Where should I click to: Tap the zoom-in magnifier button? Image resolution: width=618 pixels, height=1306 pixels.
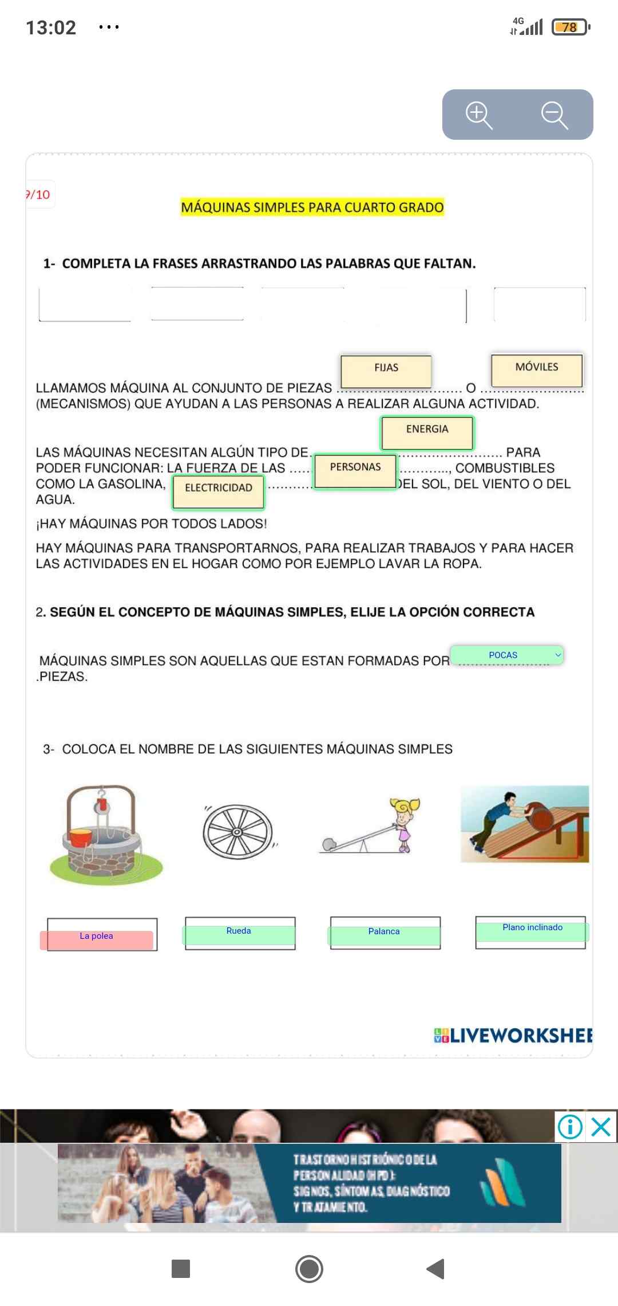click(479, 115)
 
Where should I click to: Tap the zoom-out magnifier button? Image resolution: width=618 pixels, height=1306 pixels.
click(554, 115)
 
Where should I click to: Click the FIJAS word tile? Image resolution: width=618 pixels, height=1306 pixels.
click(386, 370)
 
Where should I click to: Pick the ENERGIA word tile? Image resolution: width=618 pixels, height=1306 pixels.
click(427, 432)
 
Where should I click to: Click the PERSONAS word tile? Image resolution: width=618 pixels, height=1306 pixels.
click(355, 470)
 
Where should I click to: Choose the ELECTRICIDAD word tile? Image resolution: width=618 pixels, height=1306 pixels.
click(219, 491)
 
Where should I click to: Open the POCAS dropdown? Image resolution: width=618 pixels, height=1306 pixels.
click(507, 655)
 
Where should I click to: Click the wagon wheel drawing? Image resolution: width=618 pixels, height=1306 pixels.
click(238, 832)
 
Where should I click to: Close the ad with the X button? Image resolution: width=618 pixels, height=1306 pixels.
click(601, 1127)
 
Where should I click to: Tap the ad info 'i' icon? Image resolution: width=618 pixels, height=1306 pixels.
click(570, 1127)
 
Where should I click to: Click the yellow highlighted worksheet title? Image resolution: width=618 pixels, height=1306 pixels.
click(312, 207)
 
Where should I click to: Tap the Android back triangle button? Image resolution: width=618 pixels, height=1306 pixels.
click(436, 1269)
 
